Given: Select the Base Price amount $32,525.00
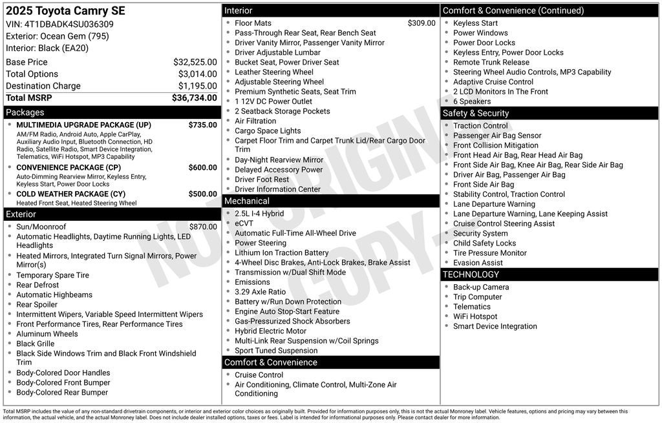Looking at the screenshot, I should (195, 62).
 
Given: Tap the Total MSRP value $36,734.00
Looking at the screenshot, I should (194, 98).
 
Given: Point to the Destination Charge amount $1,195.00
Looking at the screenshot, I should (197, 86).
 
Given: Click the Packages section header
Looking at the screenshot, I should (25, 112).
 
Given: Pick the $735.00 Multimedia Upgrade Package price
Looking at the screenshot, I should (202, 125).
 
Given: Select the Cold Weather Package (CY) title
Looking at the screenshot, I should (70, 194).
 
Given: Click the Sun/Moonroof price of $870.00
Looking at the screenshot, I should (203, 227).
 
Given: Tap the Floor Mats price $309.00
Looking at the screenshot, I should (422, 23).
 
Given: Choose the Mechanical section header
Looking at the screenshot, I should (246, 201).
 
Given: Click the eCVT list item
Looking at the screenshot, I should (244, 223).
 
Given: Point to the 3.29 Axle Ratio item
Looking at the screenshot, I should (260, 292).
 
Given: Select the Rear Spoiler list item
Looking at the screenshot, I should (37, 305).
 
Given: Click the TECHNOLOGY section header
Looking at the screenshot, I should (471, 274).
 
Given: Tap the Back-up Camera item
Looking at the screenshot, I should (480, 287).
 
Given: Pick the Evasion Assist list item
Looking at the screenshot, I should (478, 263).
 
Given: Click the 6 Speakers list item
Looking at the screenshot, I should (471, 101).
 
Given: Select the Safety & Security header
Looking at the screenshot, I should (475, 113).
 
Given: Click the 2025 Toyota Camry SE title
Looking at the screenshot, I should (65, 11).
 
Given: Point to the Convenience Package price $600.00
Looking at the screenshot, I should (202, 167).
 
